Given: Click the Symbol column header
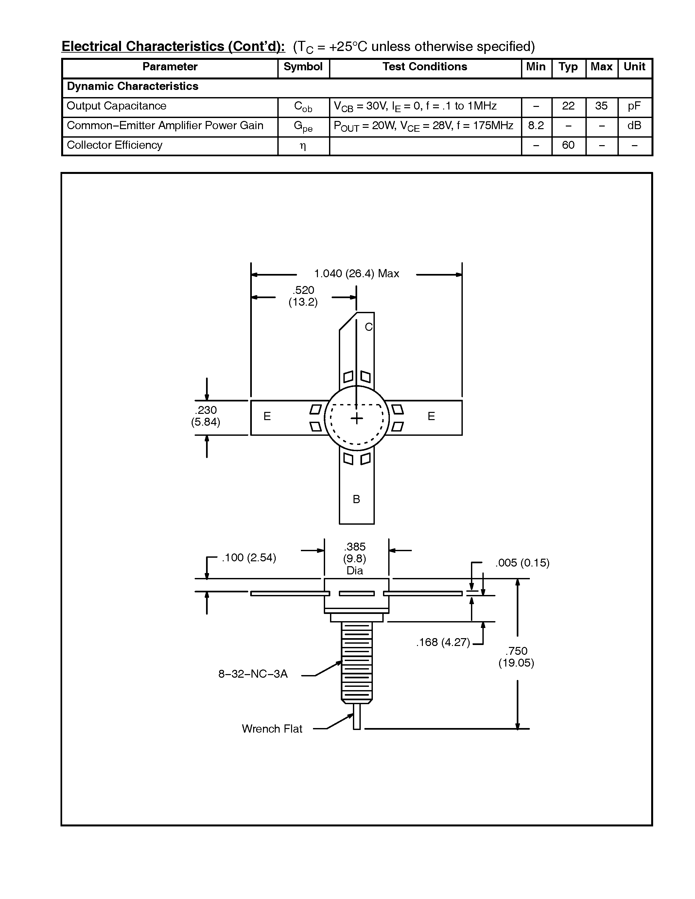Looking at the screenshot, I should pyautogui.click(x=303, y=67).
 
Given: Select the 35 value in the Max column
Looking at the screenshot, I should pyautogui.click(x=601, y=106).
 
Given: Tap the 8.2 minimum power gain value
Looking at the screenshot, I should pyautogui.click(x=536, y=126).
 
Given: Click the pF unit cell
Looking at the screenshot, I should pyautogui.click(x=634, y=106).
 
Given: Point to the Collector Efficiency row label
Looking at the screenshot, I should pyautogui.click(x=114, y=145).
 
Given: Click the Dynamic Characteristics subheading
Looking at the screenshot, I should pyautogui.click(x=132, y=86).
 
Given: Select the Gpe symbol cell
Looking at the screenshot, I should pyautogui.click(x=303, y=127).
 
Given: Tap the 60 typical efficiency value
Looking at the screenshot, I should pyautogui.click(x=568, y=145).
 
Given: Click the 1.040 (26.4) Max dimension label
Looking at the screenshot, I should pyautogui.click(x=356, y=274).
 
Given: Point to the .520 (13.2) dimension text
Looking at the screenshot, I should pyautogui.click(x=304, y=297).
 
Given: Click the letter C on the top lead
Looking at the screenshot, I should pyautogui.click(x=369, y=327).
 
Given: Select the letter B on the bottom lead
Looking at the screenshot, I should pyautogui.click(x=356, y=499).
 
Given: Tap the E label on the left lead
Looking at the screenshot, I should pyautogui.click(x=267, y=416).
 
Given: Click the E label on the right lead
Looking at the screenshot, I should pyautogui.click(x=431, y=416).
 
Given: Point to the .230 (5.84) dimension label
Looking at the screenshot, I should pyautogui.click(x=205, y=416).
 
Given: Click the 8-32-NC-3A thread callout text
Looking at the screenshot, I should pyautogui.click(x=253, y=674).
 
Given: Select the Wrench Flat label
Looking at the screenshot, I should pyautogui.click(x=272, y=729).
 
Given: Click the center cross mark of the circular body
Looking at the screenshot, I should pyautogui.click(x=356, y=419).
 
